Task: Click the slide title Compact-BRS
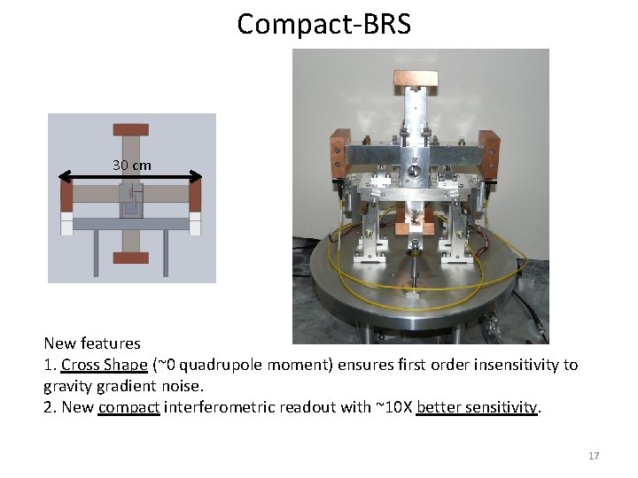323,24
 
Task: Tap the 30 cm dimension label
131,165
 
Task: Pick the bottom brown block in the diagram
131,258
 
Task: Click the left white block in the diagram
66,226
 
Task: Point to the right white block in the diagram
196,226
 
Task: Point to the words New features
92,343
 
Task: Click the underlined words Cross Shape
105,365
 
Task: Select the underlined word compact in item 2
129,407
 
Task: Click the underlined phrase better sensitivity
477,407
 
